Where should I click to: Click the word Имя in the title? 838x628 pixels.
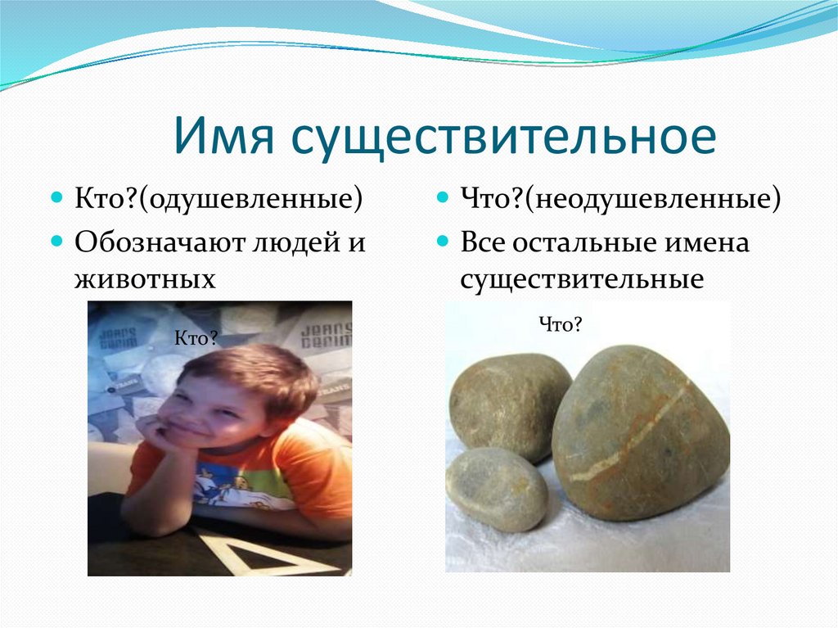point(223,136)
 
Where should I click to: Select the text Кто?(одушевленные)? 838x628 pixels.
point(219,199)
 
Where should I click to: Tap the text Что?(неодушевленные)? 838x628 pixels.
point(620,199)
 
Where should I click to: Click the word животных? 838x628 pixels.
point(145,278)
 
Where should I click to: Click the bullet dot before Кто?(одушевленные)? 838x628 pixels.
point(56,197)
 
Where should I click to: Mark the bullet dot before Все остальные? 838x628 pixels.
point(443,242)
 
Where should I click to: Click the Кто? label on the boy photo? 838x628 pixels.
point(196,338)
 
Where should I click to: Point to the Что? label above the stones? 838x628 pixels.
point(560,324)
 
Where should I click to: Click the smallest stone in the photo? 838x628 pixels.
point(496,490)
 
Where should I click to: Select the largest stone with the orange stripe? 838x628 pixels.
point(640,433)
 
